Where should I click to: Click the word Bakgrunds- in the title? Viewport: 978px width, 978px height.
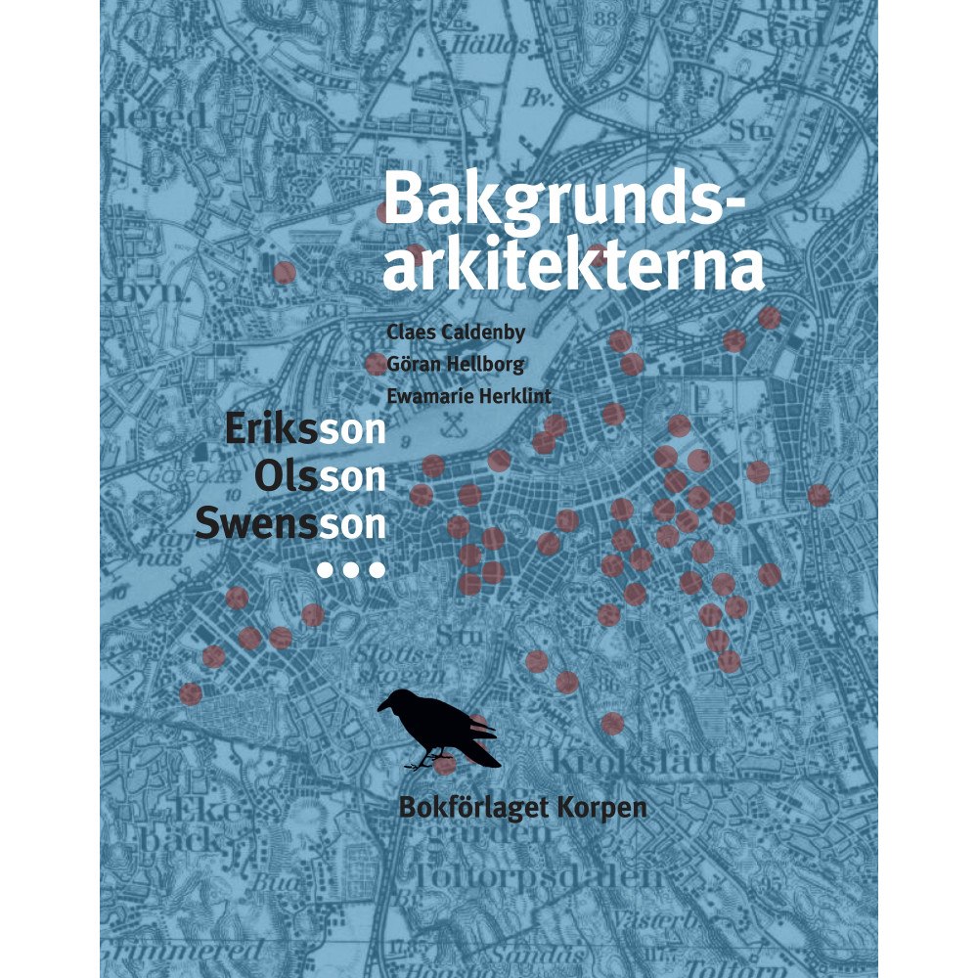tap(563, 200)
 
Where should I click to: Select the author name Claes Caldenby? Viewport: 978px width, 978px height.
tap(456, 333)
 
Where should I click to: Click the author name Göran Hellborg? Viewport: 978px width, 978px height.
tap(456, 365)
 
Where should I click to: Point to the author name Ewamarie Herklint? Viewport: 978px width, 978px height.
tap(469, 397)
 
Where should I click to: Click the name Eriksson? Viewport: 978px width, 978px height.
tap(305, 431)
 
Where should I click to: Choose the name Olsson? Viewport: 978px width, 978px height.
tap(320, 477)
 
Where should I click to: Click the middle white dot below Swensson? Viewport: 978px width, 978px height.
tap(352, 569)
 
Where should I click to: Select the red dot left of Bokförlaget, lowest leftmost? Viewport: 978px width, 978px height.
tap(191, 693)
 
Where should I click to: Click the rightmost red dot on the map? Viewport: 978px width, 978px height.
tap(819, 496)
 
